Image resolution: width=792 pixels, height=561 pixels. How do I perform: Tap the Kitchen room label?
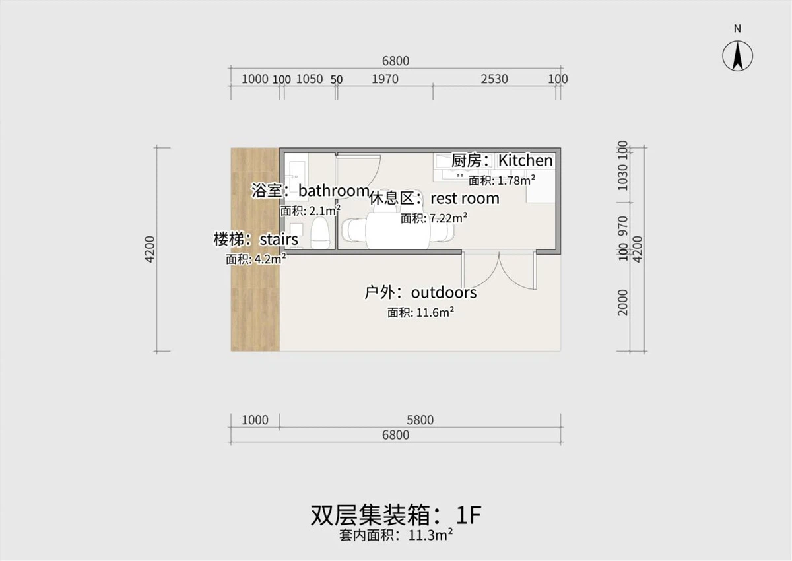click(502, 160)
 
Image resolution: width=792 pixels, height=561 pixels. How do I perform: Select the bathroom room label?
click(310, 191)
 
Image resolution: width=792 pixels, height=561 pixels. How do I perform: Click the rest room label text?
click(434, 198)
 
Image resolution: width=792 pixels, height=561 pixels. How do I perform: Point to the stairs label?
click(255, 239)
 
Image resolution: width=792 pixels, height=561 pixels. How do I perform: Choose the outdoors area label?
click(420, 292)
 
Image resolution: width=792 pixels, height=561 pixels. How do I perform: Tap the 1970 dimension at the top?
click(385, 79)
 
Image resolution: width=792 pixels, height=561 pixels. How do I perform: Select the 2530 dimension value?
click(494, 79)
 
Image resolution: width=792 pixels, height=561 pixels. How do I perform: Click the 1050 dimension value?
click(309, 79)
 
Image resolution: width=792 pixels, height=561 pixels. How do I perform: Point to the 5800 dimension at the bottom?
click(420, 420)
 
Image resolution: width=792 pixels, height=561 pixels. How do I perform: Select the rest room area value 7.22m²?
click(434, 218)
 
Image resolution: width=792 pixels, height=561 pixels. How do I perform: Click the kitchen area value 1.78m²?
click(502, 180)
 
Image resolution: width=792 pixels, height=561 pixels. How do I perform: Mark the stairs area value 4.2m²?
click(256, 259)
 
